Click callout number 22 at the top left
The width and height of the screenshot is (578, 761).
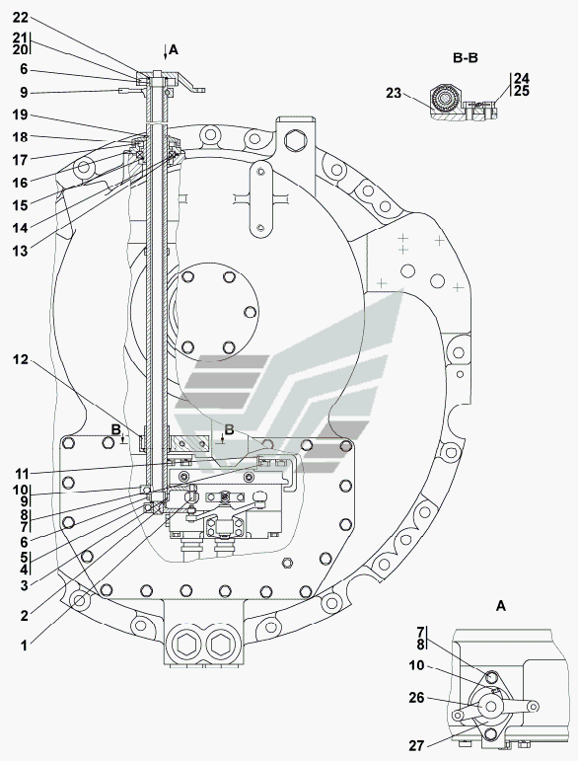pos(21,18)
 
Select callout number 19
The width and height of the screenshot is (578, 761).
pos(21,115)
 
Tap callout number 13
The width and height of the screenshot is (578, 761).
pos(21,252)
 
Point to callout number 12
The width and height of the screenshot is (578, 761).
pos(21,359)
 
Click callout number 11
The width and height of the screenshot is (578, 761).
pos(21,473)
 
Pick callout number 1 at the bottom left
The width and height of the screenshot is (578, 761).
pos(24,646)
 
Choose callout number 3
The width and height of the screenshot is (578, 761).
pos(24,585)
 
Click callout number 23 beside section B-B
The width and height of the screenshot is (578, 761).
pos(394,93)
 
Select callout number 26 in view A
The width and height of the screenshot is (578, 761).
pos(416,698)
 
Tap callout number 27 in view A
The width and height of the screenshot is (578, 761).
pos(416,745)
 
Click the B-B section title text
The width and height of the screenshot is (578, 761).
pos(466,58)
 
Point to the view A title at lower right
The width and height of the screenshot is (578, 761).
pos(501,606)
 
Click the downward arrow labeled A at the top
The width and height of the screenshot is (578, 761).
pos(166,51)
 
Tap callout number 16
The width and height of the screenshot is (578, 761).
pos(21,183)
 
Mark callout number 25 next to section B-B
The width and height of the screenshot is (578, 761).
pos(521,91)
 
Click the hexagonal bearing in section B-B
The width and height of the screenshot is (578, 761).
pos(443,99)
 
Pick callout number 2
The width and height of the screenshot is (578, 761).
pos(24,616)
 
